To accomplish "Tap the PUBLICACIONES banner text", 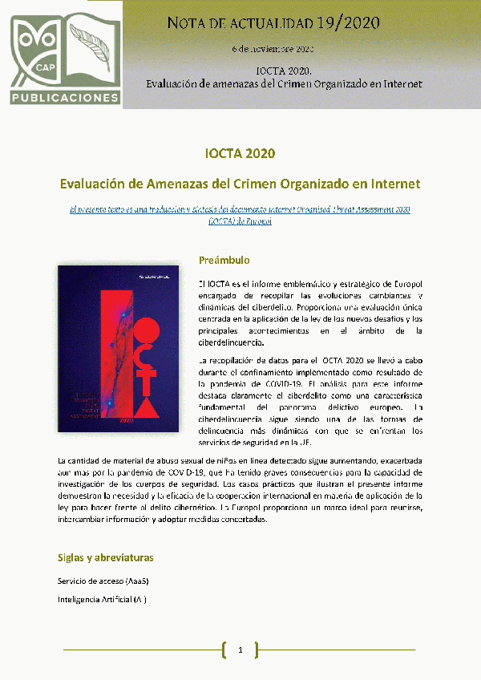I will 64,98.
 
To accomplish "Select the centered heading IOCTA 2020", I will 240,153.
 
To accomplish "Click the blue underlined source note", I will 240,214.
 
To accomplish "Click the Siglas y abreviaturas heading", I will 106,557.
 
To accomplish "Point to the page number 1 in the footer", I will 240,650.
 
